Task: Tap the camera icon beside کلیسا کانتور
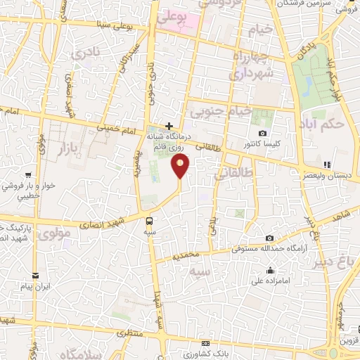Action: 262,133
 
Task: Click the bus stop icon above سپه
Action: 150,219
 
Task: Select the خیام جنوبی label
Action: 217,110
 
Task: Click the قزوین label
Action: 349,341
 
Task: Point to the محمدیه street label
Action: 205,252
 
